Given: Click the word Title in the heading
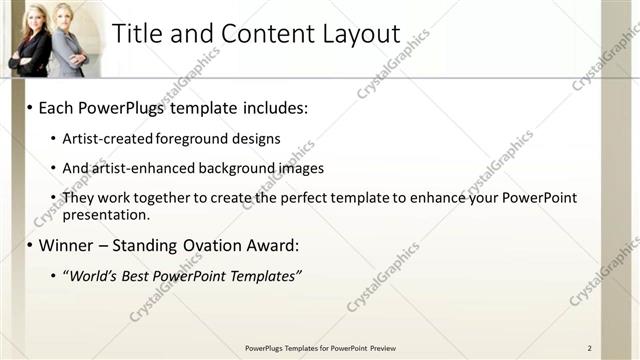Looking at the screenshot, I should click(139, 33).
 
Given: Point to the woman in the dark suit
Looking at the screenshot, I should click(30, 42).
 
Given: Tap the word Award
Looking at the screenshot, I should click(269, 245).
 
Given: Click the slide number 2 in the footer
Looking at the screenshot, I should click(589, 348).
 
